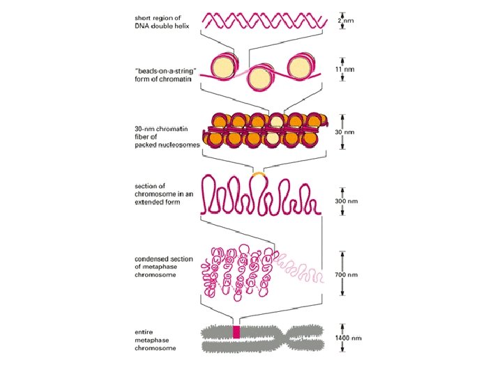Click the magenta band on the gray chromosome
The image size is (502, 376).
236,333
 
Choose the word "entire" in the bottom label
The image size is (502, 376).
143,331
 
